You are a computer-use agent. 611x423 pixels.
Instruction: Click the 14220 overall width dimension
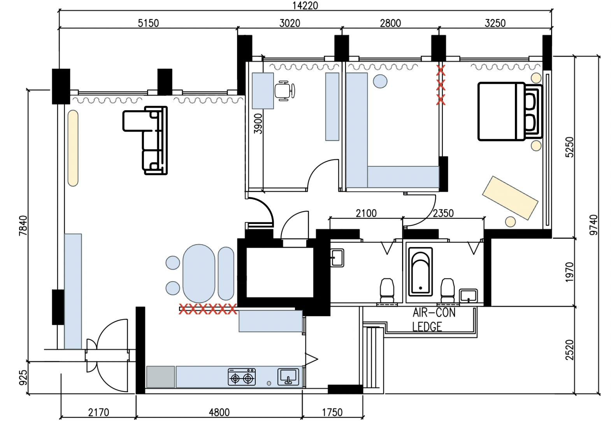305,5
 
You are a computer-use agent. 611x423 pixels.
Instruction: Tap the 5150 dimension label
148,23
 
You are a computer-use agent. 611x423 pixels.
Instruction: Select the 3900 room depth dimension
258,124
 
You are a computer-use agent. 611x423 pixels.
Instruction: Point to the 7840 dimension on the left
23,225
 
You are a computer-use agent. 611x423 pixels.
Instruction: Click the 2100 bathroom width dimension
366,213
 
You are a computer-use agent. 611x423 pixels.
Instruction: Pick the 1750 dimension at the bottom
332,412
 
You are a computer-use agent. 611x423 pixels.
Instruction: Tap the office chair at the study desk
284,91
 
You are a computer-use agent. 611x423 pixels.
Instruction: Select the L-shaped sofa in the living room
150,138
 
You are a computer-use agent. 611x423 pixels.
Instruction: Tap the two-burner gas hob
241,377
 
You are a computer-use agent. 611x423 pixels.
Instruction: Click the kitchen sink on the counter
288,377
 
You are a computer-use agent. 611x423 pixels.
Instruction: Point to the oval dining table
199,273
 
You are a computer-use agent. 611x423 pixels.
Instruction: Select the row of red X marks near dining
208,309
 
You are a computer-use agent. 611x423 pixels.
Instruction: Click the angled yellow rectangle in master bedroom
510,198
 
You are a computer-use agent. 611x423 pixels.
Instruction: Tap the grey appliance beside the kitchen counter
160,377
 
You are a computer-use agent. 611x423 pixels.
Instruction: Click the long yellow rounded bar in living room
73,148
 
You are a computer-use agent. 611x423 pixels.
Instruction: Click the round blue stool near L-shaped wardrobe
380,81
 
